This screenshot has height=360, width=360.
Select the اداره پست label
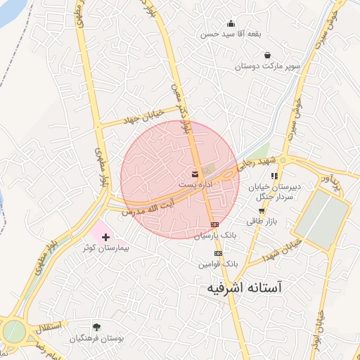click(195, 184)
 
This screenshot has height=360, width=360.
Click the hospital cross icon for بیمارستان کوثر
click(106, 238)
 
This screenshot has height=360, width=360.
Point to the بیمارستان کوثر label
click(104, 249)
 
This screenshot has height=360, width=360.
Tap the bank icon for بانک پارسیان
click(215, 225)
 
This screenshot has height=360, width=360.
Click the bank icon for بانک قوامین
click(218, 253)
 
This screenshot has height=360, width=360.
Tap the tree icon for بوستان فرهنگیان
click(96, 327)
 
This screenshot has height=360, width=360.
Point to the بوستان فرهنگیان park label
click(97, 338)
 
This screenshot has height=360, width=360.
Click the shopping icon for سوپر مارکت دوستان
click(267, 55)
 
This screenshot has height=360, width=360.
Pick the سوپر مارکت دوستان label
click(268, 66)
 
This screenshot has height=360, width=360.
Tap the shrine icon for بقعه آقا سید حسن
click(231, 23)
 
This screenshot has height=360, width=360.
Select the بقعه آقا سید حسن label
click(228, 34)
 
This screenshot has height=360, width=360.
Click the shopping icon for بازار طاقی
click(262, 210)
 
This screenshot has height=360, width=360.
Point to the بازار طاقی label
click(262, 221)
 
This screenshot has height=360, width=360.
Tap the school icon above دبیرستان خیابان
click(275, 176)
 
